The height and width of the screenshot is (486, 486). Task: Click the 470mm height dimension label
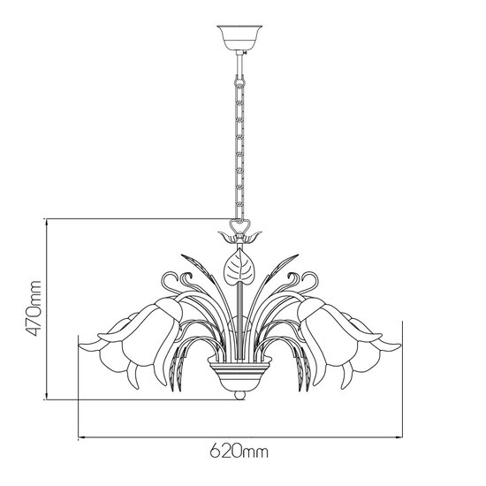tap(33, 310)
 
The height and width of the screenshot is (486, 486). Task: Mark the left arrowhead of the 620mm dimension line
tap(82, 437)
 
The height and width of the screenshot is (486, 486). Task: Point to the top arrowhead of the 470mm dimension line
tap(46, 221)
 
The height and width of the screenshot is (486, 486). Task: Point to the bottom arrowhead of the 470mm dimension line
tap(46, 401)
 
